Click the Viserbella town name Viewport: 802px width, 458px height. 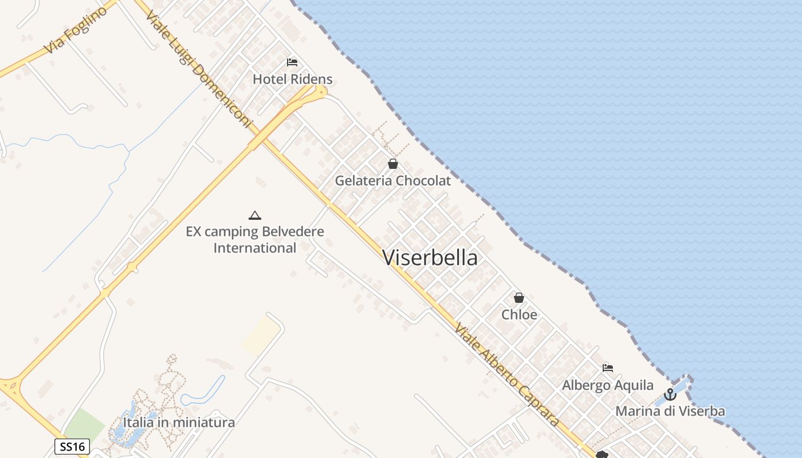tap(430, 258)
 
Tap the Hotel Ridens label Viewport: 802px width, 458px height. tap(293, 79)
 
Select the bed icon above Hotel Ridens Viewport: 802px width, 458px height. tap(292, 62)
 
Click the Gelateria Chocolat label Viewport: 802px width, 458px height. tap(393, 181)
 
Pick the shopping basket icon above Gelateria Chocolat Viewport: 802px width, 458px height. tap(393, 164)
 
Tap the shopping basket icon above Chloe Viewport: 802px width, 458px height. tap(519, 298)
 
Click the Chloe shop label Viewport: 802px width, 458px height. tap(520, 315)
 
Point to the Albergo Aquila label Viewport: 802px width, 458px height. tap(607, 385)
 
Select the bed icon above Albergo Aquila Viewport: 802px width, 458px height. tap(608, 368)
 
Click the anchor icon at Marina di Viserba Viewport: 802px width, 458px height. tap(670, 394)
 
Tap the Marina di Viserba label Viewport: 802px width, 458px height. tap(670, 411)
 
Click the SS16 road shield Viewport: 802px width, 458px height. tap(72, 447)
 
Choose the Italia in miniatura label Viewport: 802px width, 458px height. tap(179, 423)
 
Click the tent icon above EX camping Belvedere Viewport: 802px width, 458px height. tap(255, 215)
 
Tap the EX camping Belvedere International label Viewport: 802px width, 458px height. tap(255, 240)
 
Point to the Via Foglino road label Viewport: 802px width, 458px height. tap(76, 30)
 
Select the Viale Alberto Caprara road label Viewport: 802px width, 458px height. tap(506, 374)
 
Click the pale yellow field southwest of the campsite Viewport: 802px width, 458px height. tap(261, 335)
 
